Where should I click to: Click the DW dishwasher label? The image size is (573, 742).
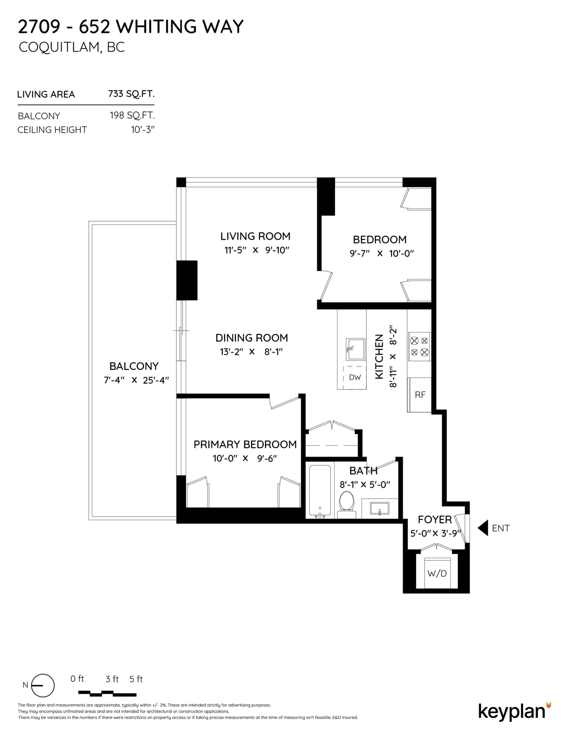coord(355,377)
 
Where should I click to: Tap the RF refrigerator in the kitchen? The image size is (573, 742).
coord(420,394)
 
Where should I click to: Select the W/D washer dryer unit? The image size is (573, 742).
coord(437,573)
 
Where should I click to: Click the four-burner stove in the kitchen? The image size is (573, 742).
coord(419,346)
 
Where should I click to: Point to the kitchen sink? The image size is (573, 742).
coord(355,349)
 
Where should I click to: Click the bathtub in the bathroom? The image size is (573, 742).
coord(320,491)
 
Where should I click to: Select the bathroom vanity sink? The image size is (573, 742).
coord(380,508)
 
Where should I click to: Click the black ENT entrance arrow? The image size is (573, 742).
coord(483,528)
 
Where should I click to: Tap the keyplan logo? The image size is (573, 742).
coord(515,711)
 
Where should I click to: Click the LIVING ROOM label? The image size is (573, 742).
coord(255,236)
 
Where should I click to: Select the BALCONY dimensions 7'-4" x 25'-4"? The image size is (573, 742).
coord(136,380)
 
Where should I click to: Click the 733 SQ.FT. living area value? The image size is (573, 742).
coord(131,94)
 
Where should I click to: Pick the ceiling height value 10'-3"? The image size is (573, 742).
coord(143,129)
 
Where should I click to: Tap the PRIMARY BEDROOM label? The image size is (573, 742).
coord(245,445)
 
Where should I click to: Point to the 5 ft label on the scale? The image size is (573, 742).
coord(136,679)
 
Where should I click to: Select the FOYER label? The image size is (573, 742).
coord(435,520)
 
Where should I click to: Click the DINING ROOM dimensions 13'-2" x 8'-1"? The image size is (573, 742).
coord(251,352)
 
